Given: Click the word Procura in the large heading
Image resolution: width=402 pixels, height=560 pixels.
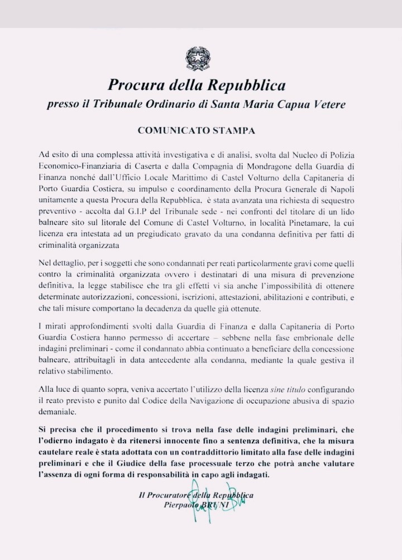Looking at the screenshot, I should pyautogui.click(x=134, y=85).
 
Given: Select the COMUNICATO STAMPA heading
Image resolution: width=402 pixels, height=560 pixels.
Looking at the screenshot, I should pyautogui.click(x=197, y=131).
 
